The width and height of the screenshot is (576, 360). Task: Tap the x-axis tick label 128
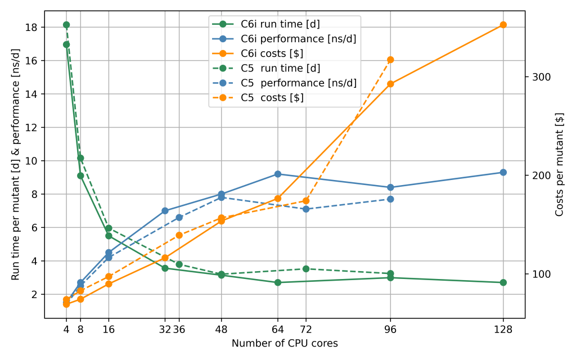tap(503, 330)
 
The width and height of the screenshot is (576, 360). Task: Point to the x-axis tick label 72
tap(306, 330)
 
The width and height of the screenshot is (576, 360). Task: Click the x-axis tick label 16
tap(109, 330)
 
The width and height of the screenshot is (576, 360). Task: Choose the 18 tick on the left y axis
tap(31, 28)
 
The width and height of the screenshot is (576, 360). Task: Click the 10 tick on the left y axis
tap(31, 161)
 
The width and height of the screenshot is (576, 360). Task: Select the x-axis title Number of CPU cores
tap(285, 343)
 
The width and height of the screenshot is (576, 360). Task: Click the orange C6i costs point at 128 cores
tap(503, 25)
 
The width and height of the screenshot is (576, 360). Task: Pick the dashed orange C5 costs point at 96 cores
tap(390, 60)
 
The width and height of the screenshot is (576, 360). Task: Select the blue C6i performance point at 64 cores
tap(278, 174)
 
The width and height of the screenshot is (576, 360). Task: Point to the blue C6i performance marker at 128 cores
tap(503, 172)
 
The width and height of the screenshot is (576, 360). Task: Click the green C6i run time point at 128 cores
tap(503, 282)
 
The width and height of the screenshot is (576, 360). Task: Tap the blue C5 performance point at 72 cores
tap(306, 209)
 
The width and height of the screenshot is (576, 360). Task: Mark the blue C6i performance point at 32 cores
tap(165, 211)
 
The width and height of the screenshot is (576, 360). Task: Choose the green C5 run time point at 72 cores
tap(306, 269)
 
